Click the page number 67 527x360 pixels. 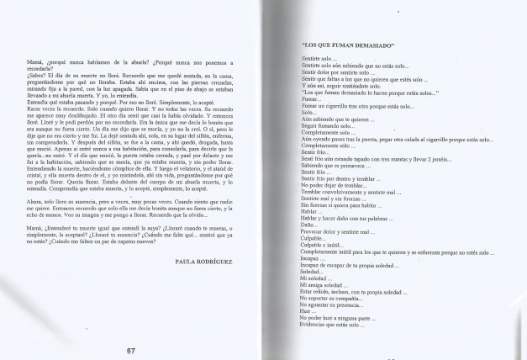point(130,350)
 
